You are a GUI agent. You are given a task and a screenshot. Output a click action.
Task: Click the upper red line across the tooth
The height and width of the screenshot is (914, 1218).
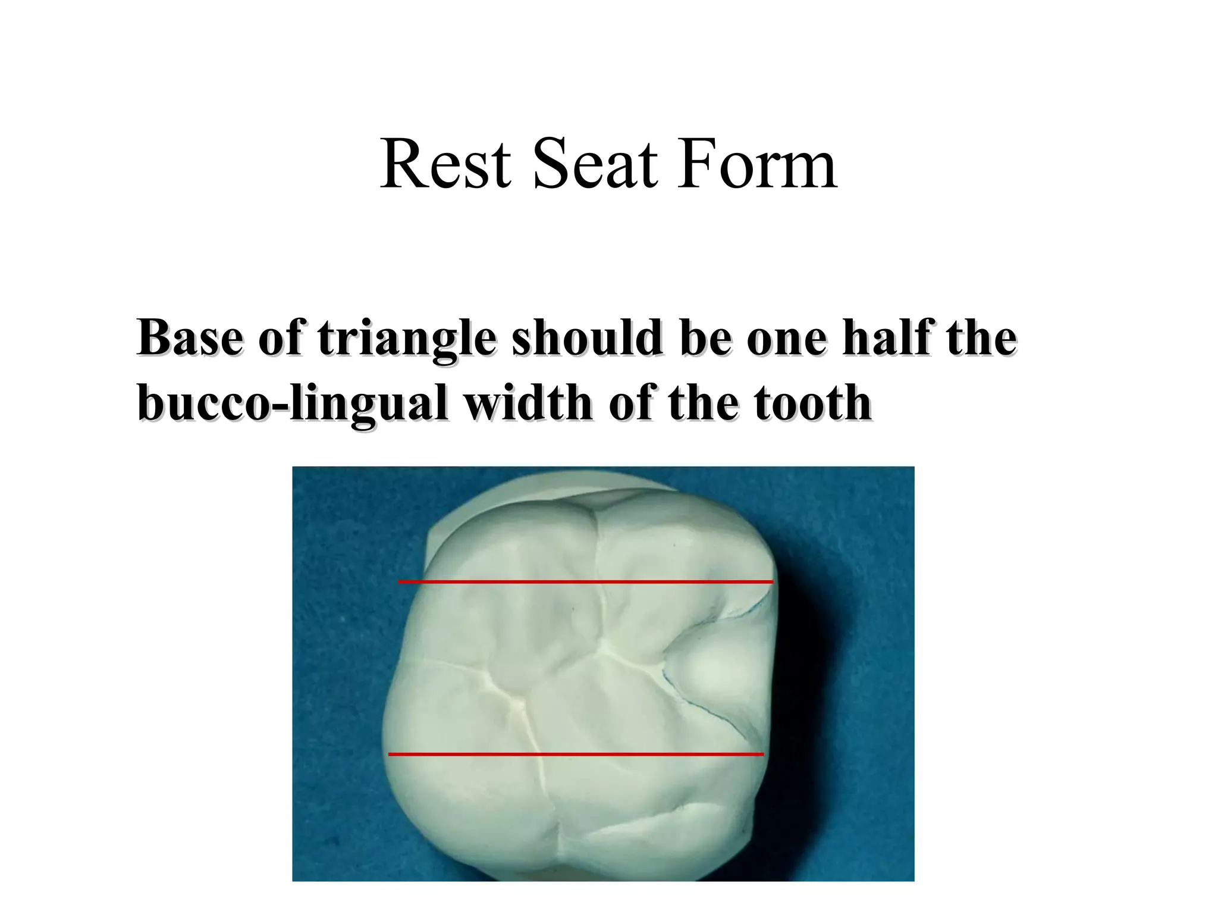(x=585, y=581)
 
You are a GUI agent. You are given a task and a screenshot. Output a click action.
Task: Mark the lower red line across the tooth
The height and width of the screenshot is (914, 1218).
(x=575, y=755)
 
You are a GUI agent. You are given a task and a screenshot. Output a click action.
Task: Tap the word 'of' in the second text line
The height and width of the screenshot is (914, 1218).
(x=629, y=402)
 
